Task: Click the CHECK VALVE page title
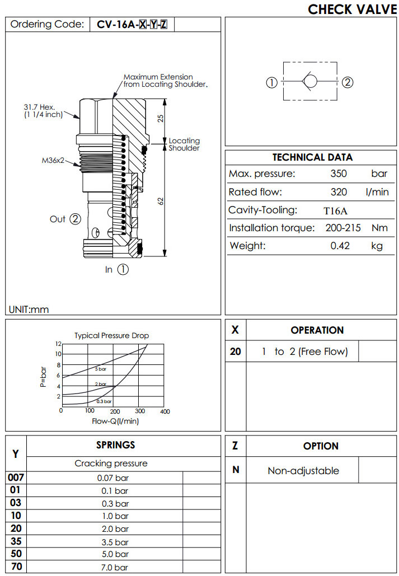click(352, 9)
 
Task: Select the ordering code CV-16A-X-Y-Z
click(132, 25)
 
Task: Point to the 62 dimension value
click(160, 202)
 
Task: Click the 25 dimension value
click(160, 119)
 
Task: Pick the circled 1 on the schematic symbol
click(271, 83)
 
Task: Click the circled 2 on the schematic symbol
click(348, 83)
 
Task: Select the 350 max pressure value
click(339, 174)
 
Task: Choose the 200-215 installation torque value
click(338, 228)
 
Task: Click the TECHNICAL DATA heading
click(312, 157)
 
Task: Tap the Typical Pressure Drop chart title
click(112, 335)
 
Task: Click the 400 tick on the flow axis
click(165, 412)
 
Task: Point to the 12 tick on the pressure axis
click(58, 344)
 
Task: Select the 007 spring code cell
click(16, 477)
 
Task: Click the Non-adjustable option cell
click(303, 471)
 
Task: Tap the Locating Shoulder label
click(184, 144)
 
